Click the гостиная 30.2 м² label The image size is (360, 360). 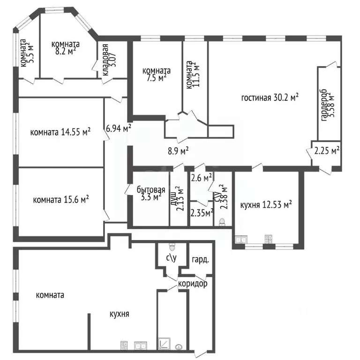coord(270,97)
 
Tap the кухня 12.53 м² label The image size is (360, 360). coord(266,204)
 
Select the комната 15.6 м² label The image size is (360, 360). coord(61,200)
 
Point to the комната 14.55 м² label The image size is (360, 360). coord(60,132)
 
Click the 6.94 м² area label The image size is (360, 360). coord(119,128)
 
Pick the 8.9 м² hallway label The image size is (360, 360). coord(178,151)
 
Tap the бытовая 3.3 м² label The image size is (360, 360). coord(151,193)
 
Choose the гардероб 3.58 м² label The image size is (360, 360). coord(328,105)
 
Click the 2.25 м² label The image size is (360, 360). coord(327,150)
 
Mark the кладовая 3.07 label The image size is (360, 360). coord(109,60)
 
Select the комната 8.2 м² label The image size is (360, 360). coord(66,47)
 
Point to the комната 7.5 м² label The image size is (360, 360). coord(157,74)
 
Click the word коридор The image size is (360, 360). coord(193,284)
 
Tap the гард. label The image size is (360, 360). coord(201,260)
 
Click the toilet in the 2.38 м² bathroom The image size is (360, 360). coord(222,222)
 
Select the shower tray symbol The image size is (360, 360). coord(164,344)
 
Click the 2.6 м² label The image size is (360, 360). coord(202,178)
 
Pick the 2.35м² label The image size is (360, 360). coord(202,213)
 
